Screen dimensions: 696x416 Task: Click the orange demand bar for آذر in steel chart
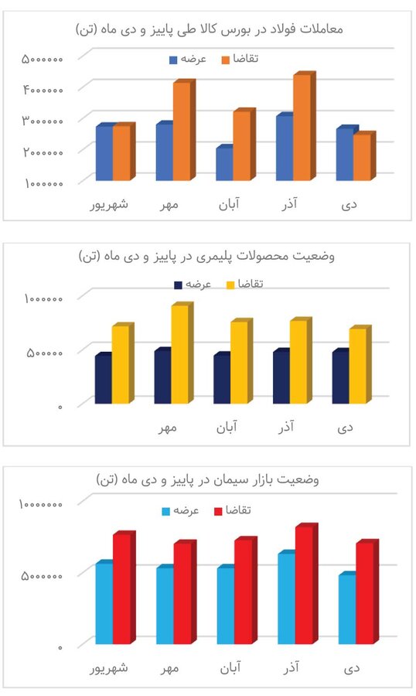pos(302,128)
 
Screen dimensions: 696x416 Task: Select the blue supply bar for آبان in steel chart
pos(223,164)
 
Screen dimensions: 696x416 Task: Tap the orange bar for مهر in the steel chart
pos(181,131)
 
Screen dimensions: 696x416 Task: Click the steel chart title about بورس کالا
pos(209,29)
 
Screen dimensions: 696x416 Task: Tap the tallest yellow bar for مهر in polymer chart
pos(180,354)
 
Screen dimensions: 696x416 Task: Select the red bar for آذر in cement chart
pos(304,585)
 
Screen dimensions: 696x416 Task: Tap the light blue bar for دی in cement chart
pos(346,609)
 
